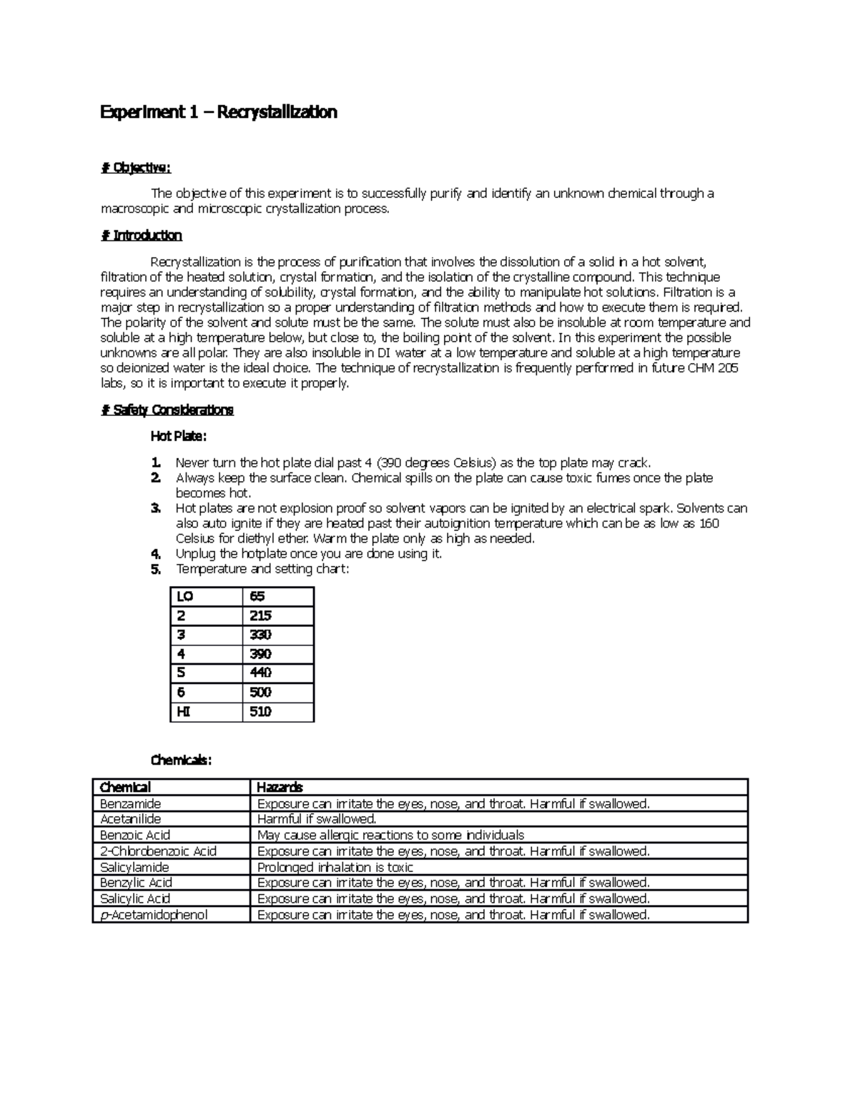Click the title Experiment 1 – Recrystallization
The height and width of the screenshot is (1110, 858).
(218, 112)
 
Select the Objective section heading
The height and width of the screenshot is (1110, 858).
(136, 168)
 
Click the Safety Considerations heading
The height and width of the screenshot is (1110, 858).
(167, 410)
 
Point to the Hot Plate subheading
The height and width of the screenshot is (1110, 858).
(178, 436)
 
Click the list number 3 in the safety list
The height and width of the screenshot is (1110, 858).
(156, 508)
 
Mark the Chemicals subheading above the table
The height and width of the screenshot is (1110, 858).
(181, 760)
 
